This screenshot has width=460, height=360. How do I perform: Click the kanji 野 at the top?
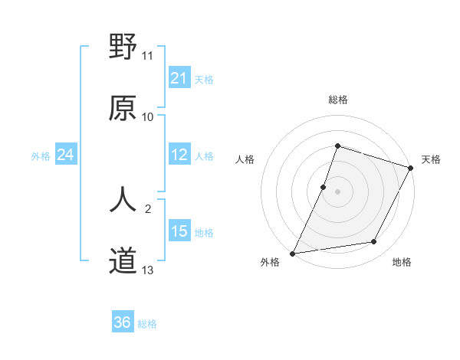coord(123,48)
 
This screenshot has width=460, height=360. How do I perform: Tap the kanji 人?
coord(123,200)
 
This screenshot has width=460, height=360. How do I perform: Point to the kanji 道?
coord(123,261)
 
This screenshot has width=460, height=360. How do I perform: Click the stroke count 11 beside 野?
coord(148,56)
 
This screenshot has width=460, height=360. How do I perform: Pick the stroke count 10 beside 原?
coord(148,116)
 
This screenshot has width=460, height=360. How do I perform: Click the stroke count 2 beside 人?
coord(148,208)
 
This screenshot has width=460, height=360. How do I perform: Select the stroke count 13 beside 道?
coord(148,270)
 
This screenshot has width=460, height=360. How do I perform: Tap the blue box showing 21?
coord(179,78)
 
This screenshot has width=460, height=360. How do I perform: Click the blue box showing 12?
coord(179,155)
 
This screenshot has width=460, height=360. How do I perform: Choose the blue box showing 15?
coord(179,231)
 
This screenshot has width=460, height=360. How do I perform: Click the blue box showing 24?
coord(66,155)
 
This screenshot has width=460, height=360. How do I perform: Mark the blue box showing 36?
coord(123,322)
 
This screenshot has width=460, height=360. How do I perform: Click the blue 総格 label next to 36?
coord(147,324)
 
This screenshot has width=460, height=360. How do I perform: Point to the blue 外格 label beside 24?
coord(41,156)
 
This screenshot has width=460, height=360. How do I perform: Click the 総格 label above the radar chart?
coord(337,100)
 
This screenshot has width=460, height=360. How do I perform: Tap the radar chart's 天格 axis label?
coord(431,159)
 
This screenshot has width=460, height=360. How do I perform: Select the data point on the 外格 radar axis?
coord(292,253)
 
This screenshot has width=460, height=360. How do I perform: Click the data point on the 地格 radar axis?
coord(374,242)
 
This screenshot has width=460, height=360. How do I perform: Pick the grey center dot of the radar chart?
coord(337,191)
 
